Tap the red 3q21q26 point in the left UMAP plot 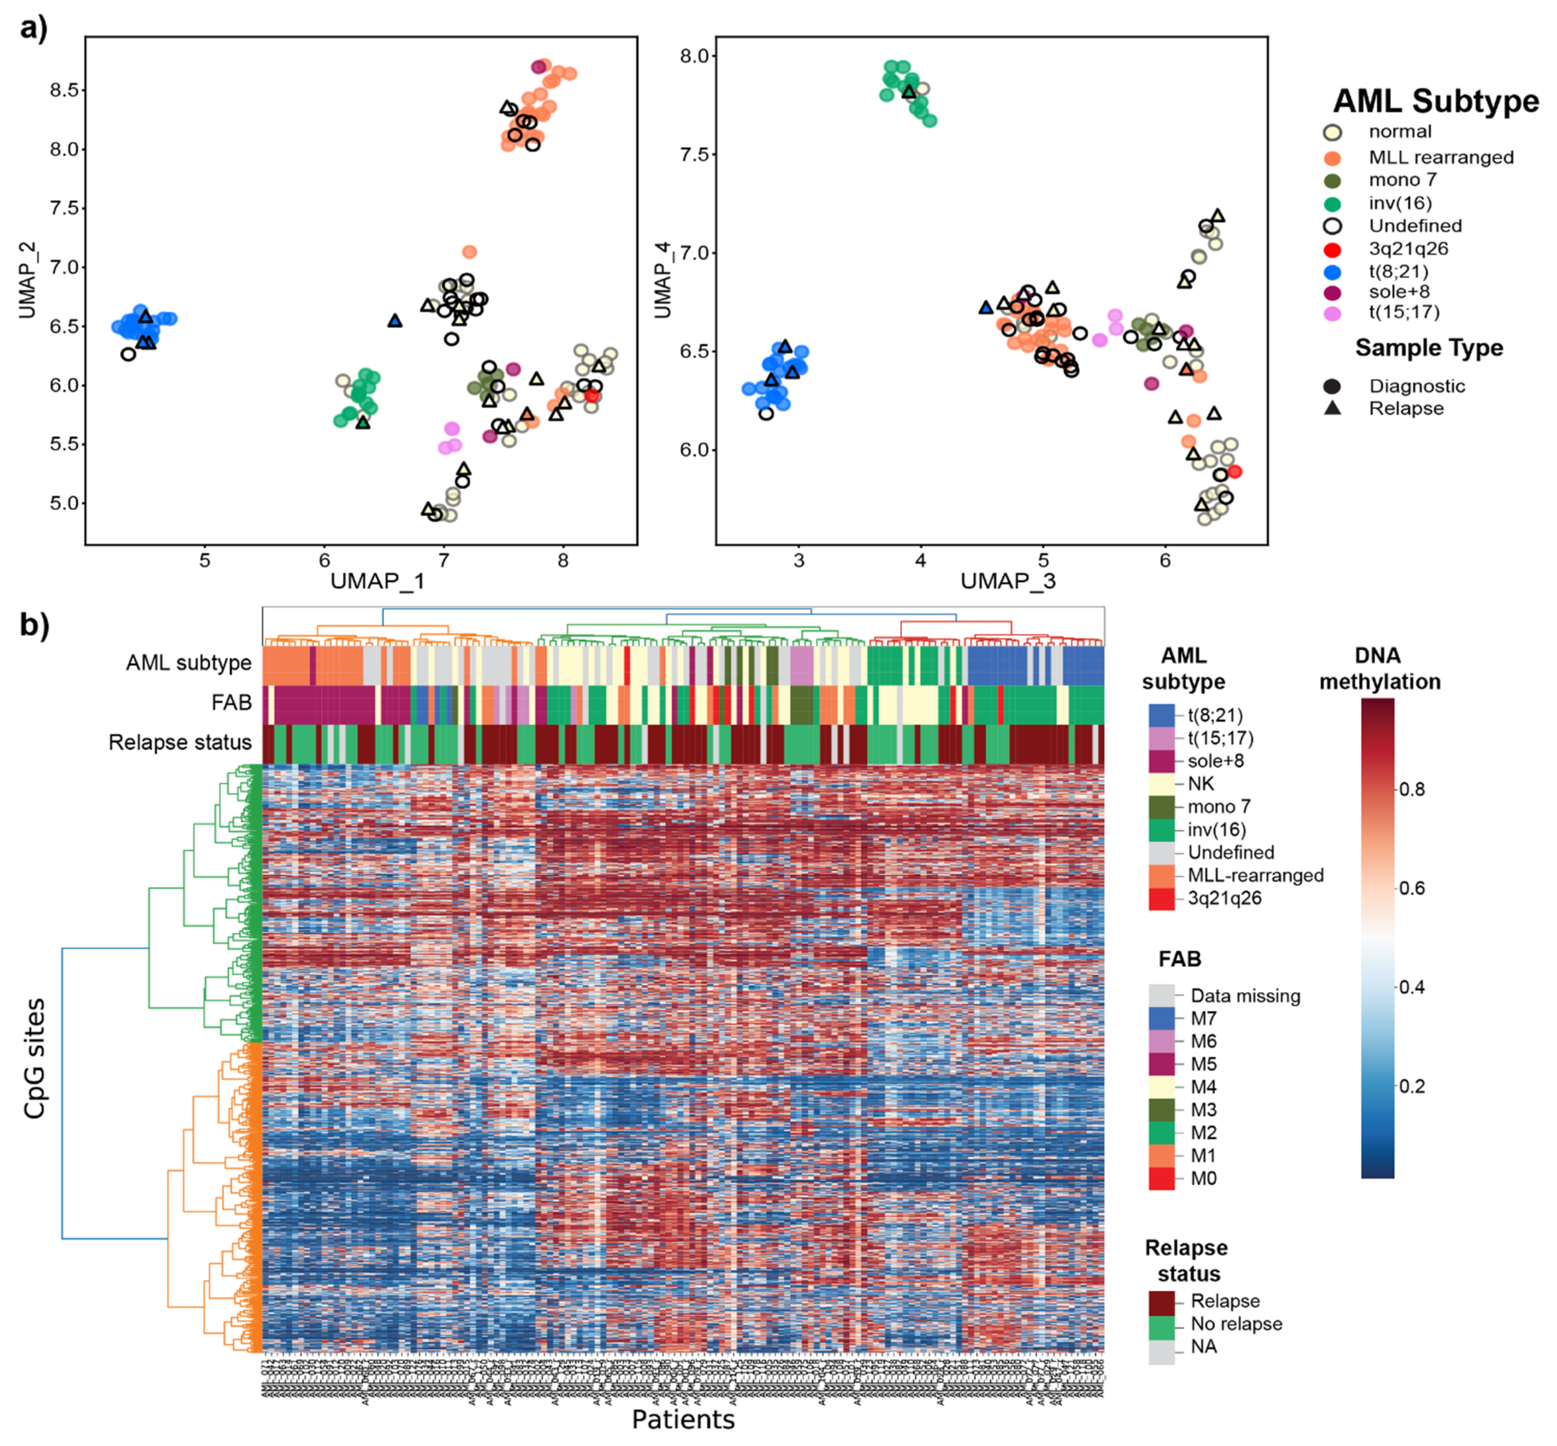pos(592,395)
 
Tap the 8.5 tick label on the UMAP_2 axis pos(64,90)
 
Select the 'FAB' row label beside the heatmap pos(231,703)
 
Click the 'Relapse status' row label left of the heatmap pos(180,742)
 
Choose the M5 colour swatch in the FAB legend pos(1161,1064)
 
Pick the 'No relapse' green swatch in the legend pos(1161,1324)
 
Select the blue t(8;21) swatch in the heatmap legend pos(1161,715)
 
